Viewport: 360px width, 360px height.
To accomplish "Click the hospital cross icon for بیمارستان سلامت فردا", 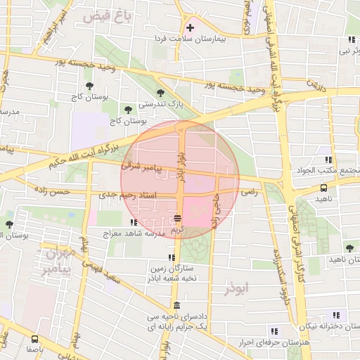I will (190, 28).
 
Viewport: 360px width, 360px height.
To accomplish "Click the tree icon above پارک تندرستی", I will (161, 92).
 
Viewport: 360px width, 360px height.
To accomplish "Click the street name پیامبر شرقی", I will (141, 168).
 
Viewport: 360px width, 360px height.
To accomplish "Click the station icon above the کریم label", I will (178, 217).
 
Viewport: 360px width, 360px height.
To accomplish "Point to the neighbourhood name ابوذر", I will (238, 289).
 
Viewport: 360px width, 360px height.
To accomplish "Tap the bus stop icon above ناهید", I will (323, 188).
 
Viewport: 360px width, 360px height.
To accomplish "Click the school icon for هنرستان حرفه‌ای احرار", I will (274, 330).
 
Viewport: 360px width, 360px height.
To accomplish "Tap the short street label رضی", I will (250, 191).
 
